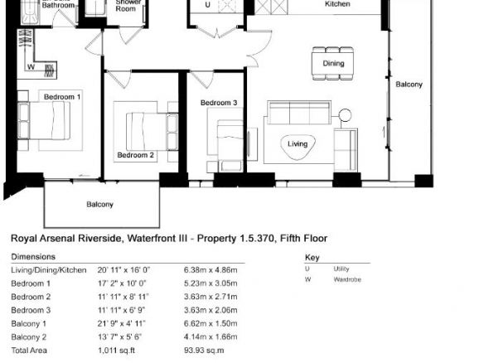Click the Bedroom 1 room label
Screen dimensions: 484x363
[x=62, y=97]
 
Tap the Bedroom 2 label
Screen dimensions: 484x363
[x=136, y=155]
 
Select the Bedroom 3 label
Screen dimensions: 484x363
[x=219, y=103]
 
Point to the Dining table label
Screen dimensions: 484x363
[x=333, y=63]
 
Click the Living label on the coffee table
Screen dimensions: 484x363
[x=298, y=144]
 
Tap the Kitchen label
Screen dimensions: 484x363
[x=337, y=4]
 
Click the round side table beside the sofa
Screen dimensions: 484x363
[x=345, y=115]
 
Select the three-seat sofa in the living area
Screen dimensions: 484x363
[x=299, y=113]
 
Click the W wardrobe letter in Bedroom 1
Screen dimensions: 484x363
[x=31, y=66]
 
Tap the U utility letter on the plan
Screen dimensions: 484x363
[x=207, y=5]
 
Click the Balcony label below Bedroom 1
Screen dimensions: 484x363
[x=99, y=205]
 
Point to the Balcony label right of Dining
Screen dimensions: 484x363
[x=409, y=85]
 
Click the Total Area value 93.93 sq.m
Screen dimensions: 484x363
[x=204, y=351]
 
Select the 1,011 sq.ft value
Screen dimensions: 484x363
[x=116, y=351]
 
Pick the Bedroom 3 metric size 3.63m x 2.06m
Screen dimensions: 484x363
[x=211, y=310]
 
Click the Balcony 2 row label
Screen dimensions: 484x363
[x=29, y=336]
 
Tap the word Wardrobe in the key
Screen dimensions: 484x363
[x=347, y=279]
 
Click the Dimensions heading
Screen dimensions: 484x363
[x=33, y=257]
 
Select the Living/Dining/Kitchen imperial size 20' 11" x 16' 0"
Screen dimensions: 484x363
[x=123, y=270]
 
